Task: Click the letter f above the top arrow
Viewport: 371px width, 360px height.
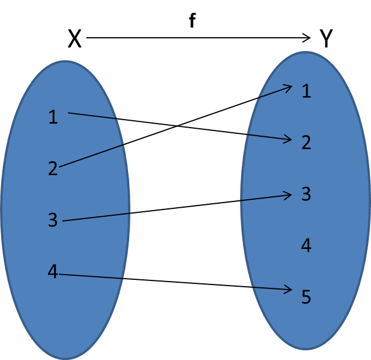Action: click(x=193, y=21)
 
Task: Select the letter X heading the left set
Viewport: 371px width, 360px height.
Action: click(x=74, y=38)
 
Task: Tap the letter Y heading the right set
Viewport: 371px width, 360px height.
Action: click(x=326, y=38)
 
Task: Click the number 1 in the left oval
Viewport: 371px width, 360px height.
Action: click(x=53, y=117)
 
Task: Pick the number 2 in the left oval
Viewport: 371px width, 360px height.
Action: click(x=53, y=168)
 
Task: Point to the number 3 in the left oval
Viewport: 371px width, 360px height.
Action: click(x=53, y=220)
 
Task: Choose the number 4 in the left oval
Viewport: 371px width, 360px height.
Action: click(x=53, y=271)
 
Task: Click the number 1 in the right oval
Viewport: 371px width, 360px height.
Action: click(x=306, y=91)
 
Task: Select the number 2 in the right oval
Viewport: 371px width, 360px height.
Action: click(x=306, y=143)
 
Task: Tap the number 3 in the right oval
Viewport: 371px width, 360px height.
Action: click(x=306, y=194)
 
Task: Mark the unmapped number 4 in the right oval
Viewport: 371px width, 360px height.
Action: click(x=306, y=246)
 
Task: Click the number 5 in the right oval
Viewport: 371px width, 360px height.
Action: click(x=306, y=297)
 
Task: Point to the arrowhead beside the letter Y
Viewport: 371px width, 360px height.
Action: click(x=307, y=38)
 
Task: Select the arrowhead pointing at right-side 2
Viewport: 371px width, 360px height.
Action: click(x=288, y=139)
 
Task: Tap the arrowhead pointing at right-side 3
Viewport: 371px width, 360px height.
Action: click(x=288, y=195)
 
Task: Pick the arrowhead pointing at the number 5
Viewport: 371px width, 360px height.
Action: click(x=288, y=289)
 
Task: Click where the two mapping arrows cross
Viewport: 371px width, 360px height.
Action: click(x=177, y=126)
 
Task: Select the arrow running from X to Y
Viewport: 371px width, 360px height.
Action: click(x=198, y=38)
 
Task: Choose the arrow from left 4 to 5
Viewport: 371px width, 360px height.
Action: click(x=175, y=282)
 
